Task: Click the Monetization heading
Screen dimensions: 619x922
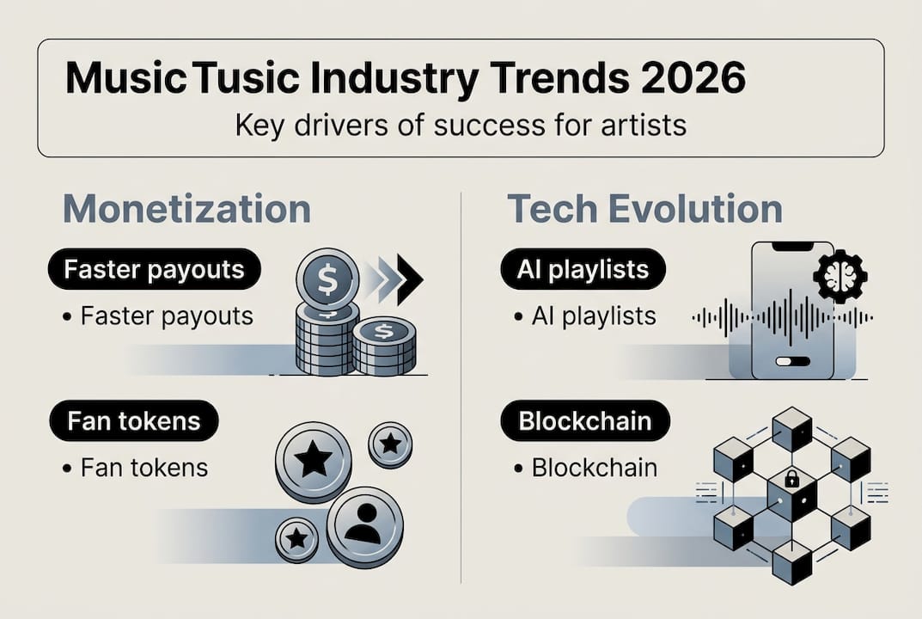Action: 186,210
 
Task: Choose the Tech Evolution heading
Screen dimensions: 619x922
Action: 644,210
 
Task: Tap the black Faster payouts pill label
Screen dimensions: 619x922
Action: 154,271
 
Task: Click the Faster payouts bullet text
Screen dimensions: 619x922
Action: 167,316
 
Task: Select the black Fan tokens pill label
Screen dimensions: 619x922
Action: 133,421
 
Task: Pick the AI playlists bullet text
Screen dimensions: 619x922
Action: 594,316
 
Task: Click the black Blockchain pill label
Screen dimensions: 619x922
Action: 584,421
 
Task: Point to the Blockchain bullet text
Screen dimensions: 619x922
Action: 594,468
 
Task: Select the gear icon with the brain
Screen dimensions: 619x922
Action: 839,276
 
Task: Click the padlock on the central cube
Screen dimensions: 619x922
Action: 790,478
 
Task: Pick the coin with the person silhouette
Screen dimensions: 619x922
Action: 364,525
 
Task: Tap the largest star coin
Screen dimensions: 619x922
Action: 313,461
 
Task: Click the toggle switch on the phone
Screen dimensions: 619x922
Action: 791,362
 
